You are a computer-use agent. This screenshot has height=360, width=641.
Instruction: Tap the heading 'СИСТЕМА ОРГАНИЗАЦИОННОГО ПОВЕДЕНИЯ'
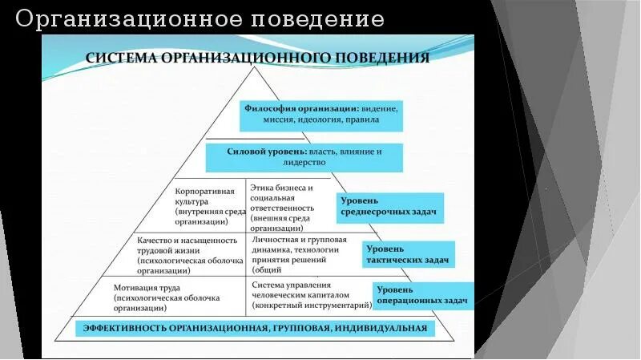[x=257, y=58]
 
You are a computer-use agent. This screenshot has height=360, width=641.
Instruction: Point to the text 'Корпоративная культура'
[x=204, y=196]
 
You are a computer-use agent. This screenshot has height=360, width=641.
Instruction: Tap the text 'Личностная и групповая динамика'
[x=299, y=245]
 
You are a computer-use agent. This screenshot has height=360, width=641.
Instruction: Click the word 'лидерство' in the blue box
[x=304, y=162]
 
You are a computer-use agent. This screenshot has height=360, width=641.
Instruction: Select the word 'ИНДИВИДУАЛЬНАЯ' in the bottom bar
[x=382, y=328]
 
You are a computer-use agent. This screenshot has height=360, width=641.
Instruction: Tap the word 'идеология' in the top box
[x=316, y=119]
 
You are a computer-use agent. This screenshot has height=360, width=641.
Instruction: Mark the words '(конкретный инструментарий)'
[x=312, y=305]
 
